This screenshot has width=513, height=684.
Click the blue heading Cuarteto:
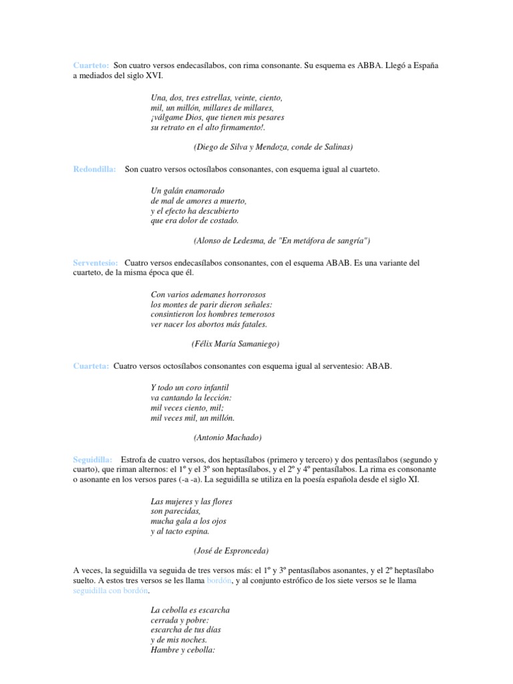91,65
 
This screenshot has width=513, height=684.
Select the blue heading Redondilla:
94,170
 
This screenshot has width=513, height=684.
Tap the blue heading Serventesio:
96,263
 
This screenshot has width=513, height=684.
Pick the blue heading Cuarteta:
91,366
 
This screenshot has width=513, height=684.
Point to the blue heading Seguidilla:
93,460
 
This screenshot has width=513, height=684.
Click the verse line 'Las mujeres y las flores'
192,501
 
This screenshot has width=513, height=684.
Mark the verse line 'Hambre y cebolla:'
182,649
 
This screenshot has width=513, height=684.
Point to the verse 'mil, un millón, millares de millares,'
212,107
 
